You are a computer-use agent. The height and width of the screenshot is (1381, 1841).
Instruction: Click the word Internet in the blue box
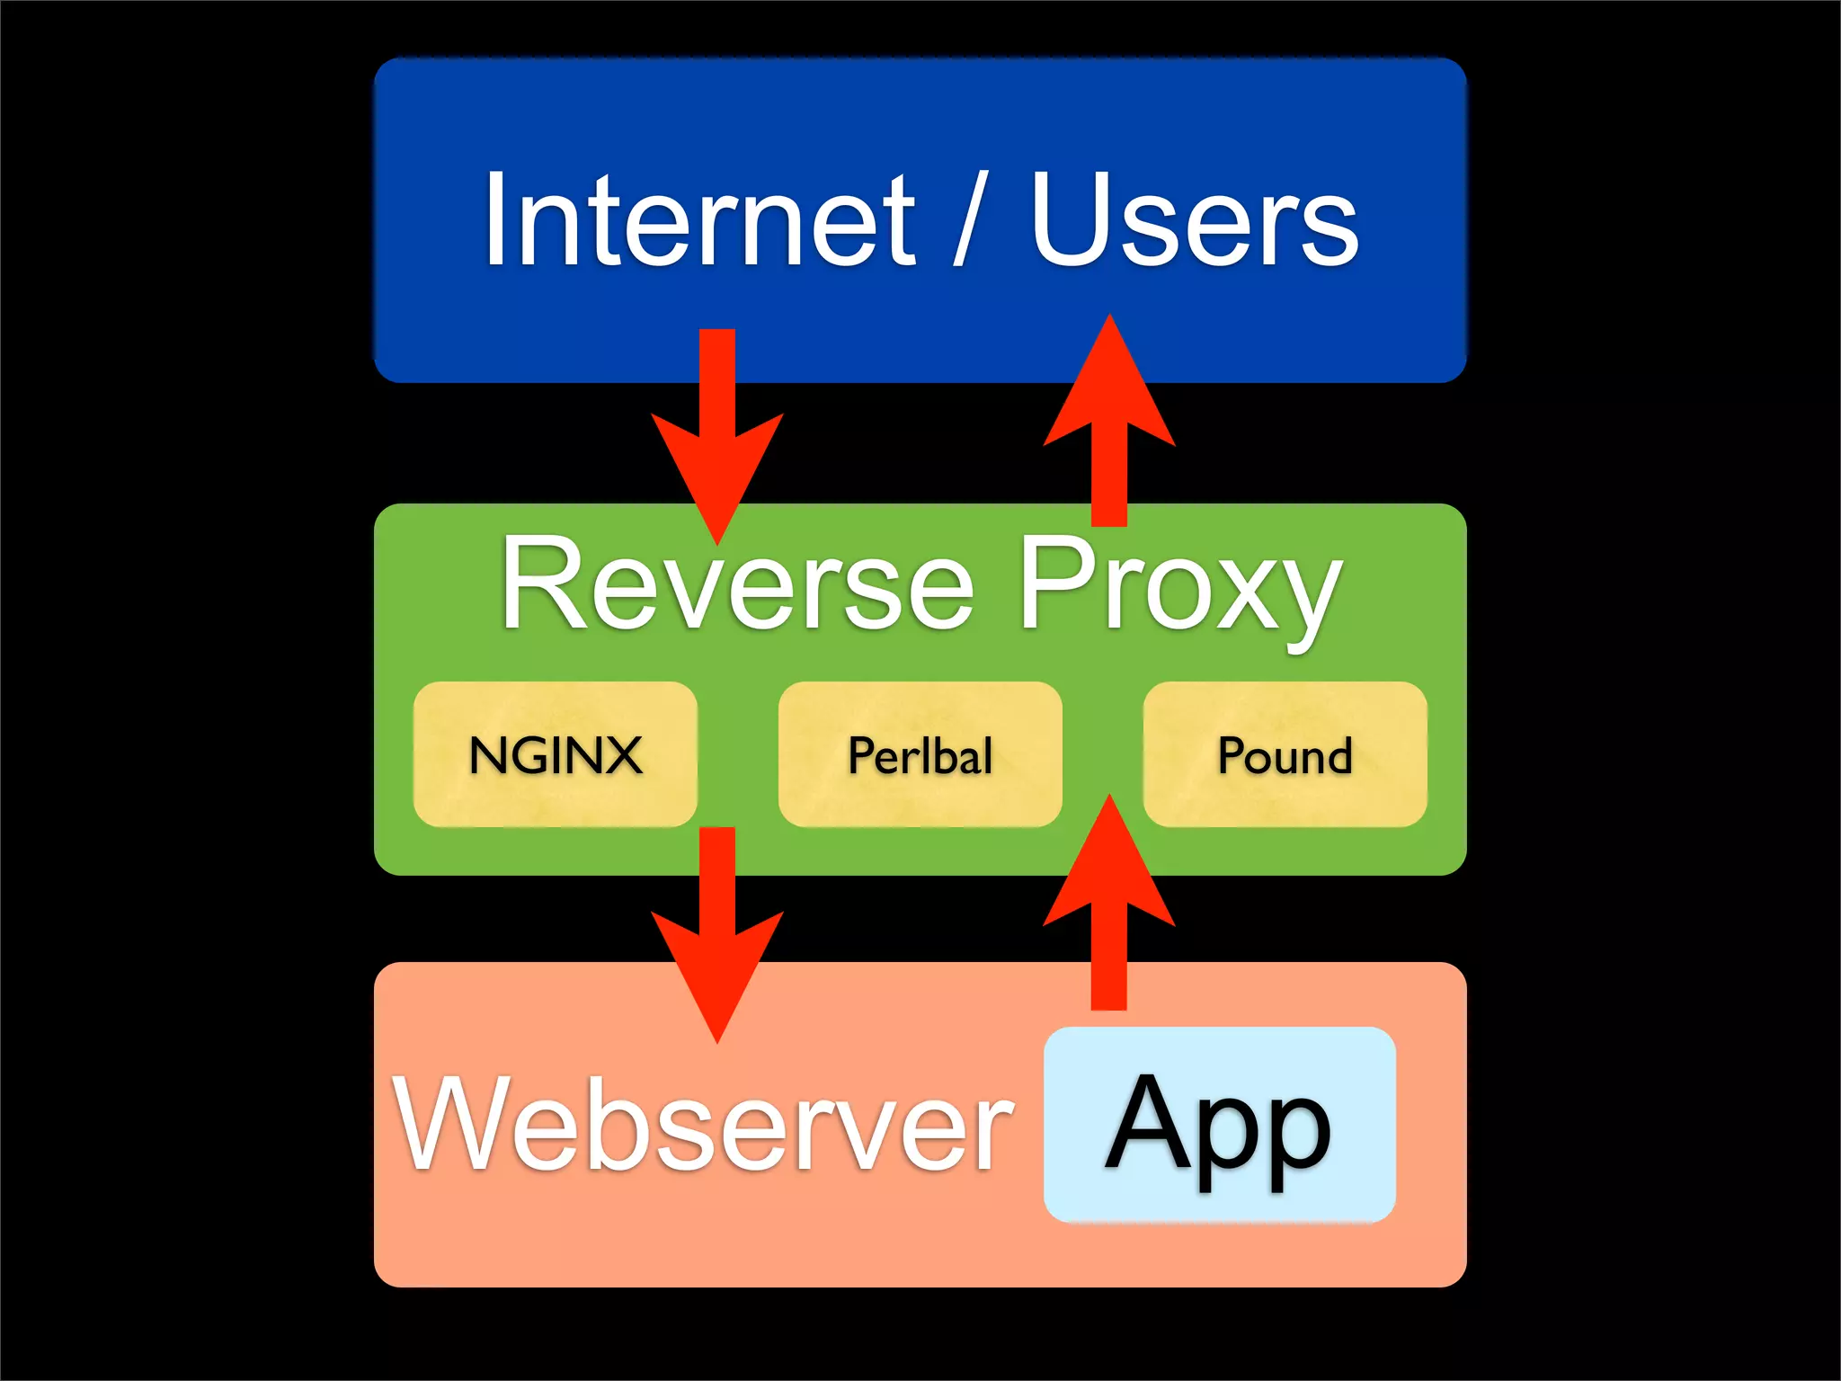(699, 220)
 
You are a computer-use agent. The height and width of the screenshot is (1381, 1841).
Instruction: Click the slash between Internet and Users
(971, 220)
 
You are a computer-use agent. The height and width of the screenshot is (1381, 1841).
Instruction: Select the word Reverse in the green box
(737, 584)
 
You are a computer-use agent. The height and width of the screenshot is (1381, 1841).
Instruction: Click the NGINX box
(556, 754)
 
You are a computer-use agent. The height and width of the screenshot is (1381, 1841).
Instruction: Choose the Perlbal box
(920, 754)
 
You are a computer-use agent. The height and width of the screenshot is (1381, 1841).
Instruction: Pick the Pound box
(1285, 754)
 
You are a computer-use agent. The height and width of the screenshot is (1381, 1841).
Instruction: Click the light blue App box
(1219, 1124)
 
